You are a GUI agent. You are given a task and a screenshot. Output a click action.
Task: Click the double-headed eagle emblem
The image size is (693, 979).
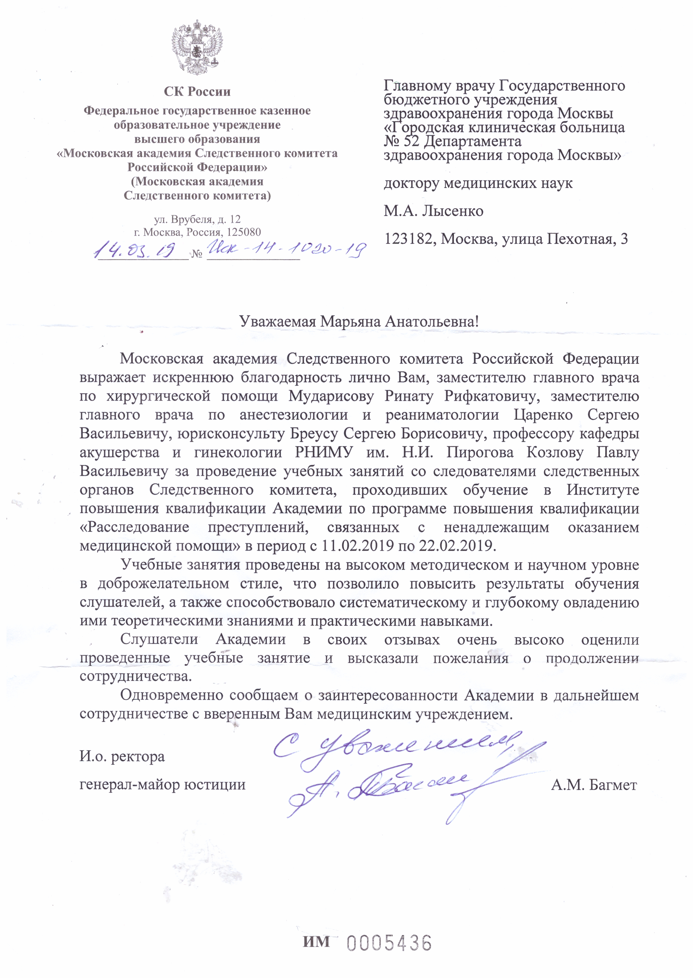click(197, 48)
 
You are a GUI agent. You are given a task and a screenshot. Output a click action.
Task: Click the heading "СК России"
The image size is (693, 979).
click(197, 92)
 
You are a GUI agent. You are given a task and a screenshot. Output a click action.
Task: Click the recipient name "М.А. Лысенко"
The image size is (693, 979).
click(434, 211)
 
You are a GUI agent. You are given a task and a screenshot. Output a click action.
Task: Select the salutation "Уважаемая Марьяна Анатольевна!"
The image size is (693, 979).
click(359, 321)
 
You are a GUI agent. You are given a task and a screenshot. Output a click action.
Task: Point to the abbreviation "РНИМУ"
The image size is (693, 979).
click(324, 453)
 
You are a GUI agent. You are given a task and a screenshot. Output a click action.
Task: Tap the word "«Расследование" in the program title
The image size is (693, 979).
click(134, 527)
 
